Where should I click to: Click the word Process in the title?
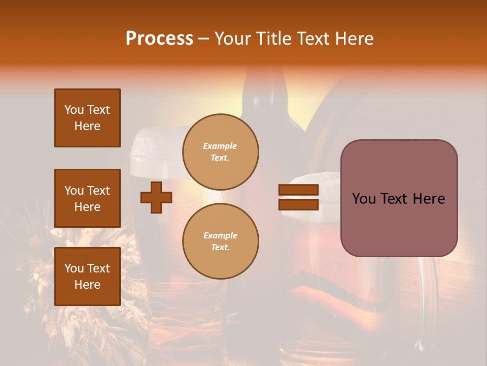pyautogui.click(x=159, y=39)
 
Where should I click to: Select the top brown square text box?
pyautogui.click(x=87, y=118)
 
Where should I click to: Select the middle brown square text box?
pyautogui.click(x=87, y=198)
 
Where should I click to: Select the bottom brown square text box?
pyautogui.click(x=87, y=276)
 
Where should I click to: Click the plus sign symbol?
pyautogui.click(x=156, y=197)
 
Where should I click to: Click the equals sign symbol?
pyautogui.click(x=298, y=197)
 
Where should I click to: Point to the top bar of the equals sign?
pyautogui.click(x=298, y=190)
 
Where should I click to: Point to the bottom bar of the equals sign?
pyautogui.click(x=298, y=204)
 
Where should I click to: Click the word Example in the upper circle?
pyautogui.click(x=220, y=146)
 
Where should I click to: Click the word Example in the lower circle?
pyautogui.click(x=220, y=235)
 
